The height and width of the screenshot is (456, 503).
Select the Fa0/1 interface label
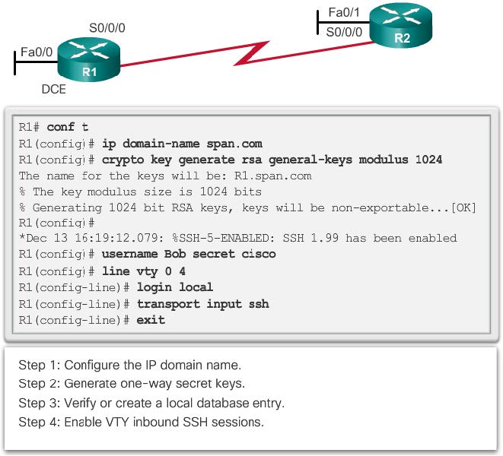pos(343,13)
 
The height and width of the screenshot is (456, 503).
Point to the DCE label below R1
pos(54,90)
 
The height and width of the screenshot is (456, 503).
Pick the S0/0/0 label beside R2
pos(344,32)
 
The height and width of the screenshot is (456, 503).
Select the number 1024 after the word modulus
pos(428,160)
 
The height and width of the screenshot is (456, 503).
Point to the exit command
pos(151,320)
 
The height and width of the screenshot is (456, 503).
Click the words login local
pos(175,287)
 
